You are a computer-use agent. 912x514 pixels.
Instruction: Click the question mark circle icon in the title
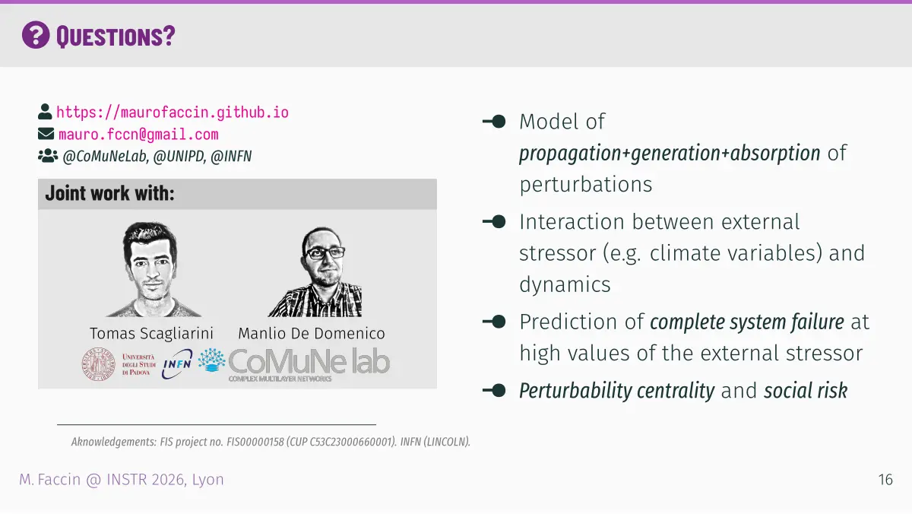(36, 35)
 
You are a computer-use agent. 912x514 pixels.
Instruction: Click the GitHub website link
(173, 113)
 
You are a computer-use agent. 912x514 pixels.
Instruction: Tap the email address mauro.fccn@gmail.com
(138, 135)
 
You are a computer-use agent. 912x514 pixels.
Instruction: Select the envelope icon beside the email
(46, 134)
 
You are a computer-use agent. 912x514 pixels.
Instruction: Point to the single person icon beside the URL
(45, 112)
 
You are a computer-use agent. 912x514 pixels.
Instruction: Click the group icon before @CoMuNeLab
(48, 156)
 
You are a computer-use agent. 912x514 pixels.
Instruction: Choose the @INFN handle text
(231, 157)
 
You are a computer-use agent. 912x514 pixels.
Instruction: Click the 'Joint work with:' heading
(110, 193)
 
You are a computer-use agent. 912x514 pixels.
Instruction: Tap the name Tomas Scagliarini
(151, 333)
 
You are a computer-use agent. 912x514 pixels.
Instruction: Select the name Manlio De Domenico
(312, 334)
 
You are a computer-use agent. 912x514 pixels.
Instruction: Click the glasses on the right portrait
(325, 253)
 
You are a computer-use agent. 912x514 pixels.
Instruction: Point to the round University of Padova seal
(98, 364)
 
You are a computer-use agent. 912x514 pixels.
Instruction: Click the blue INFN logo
(177, 363)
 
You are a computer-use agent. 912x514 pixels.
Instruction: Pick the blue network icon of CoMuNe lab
(212, 360)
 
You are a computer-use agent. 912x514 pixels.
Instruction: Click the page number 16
(885, 480)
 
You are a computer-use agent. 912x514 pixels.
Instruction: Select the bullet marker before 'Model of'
(494, 122)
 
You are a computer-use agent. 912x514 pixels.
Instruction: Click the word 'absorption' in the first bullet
(775, 154)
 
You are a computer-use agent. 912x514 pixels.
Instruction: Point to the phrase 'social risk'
(806, 391)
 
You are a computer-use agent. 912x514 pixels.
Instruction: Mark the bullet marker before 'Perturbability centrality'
(494, 391)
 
